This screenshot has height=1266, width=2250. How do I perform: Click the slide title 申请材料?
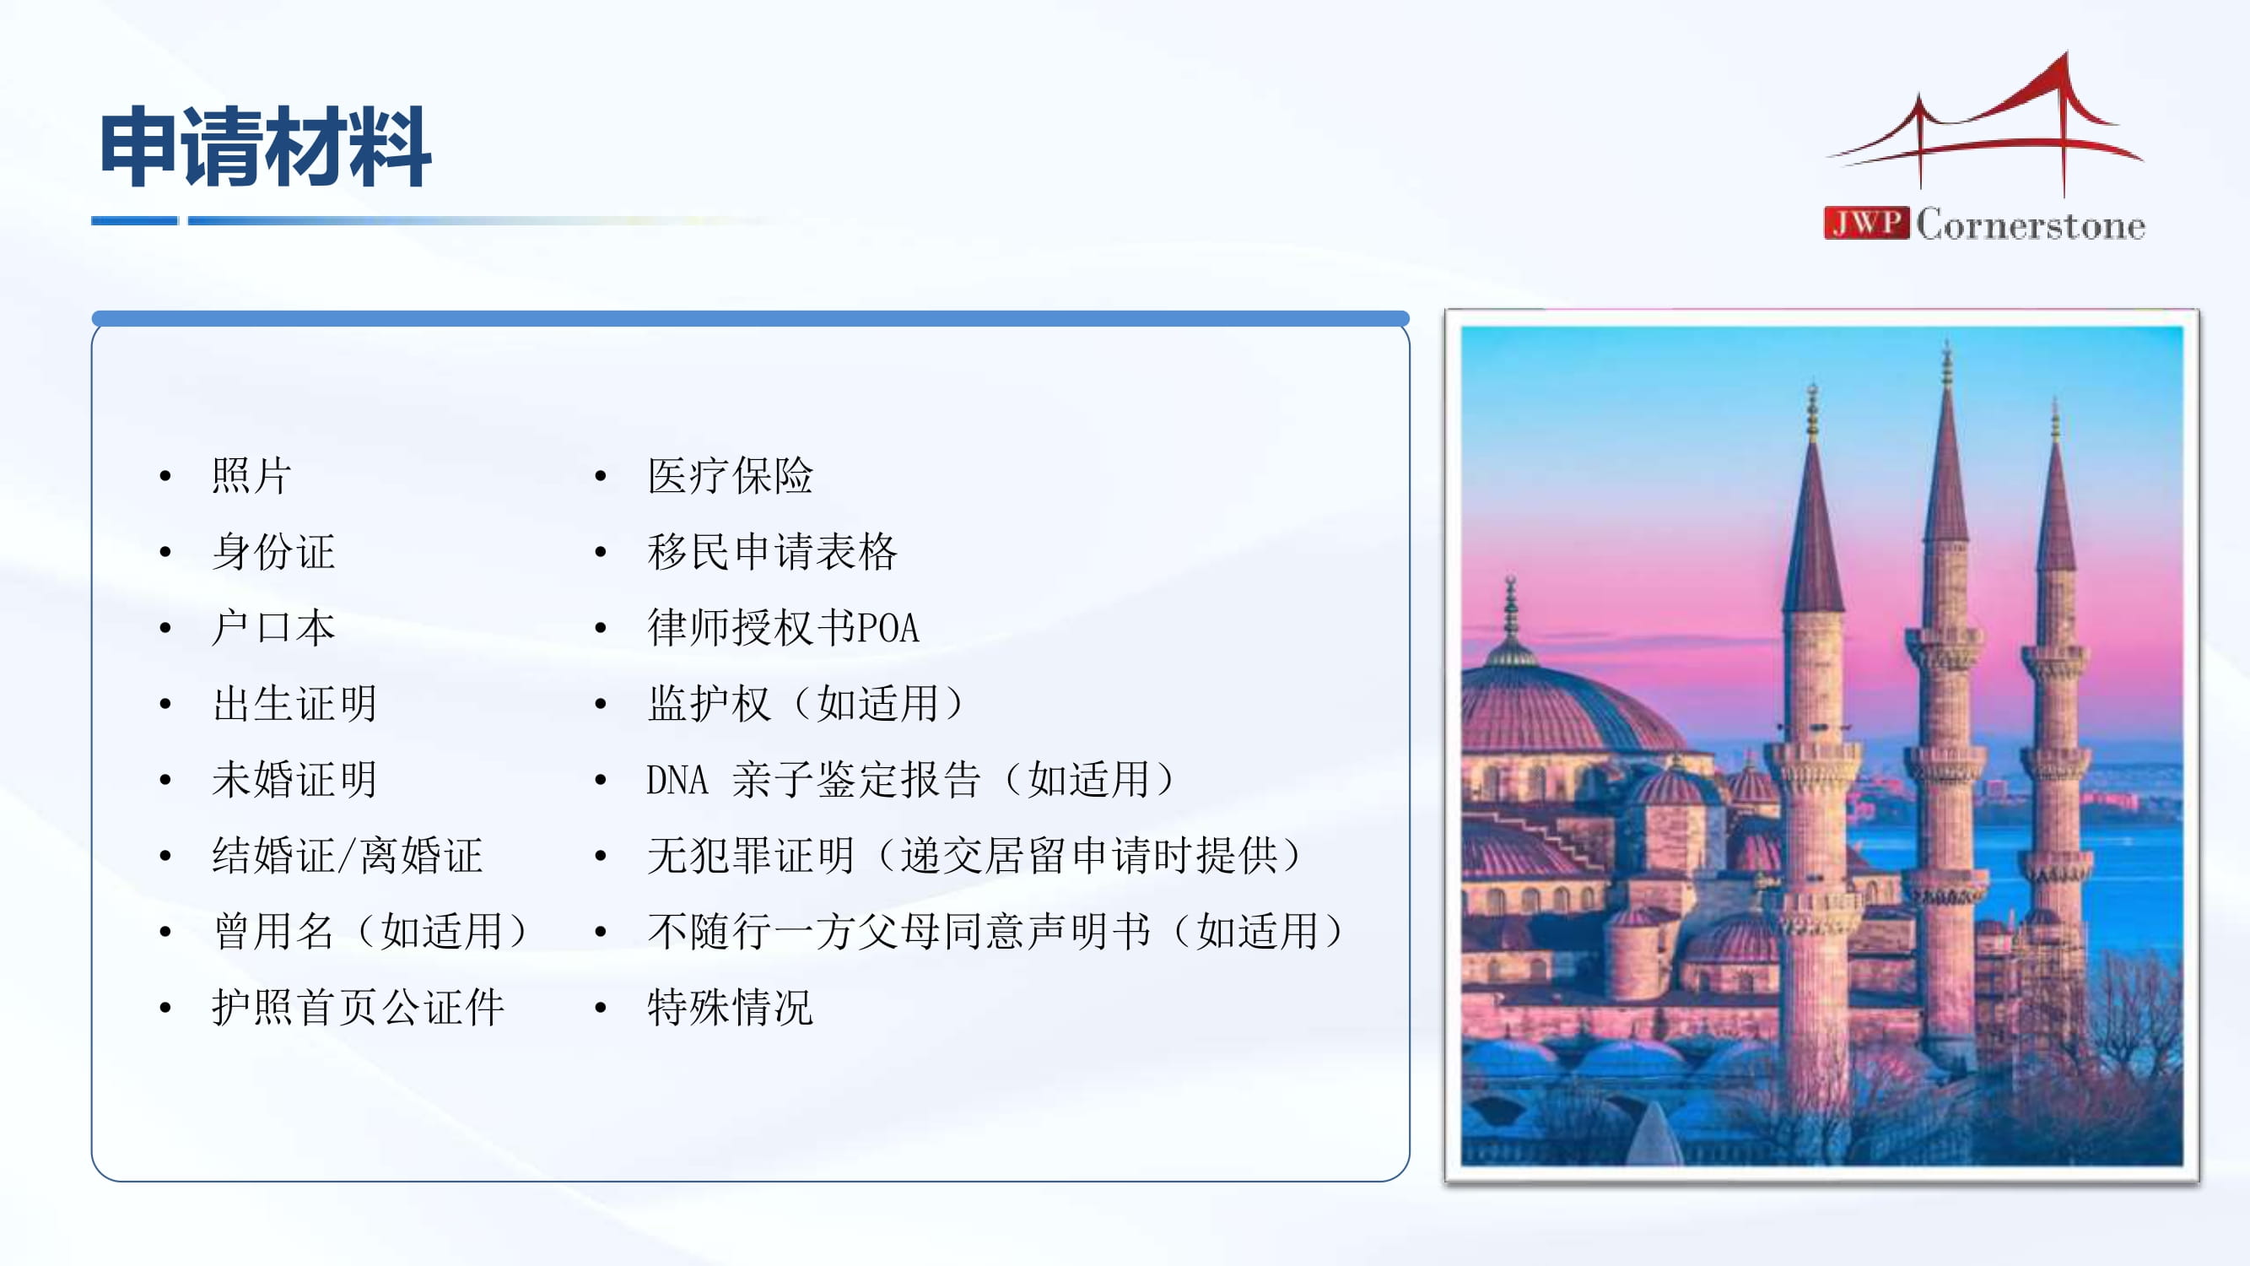coord(266,147)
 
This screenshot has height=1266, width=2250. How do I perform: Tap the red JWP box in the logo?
coord(1866,223)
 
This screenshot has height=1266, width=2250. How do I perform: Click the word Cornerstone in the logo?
coord(2031,225)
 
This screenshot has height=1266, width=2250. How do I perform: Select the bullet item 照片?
coord(251,476)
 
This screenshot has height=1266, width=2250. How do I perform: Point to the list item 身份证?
coord(273,552)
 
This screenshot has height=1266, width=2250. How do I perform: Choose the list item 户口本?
coord(273,628)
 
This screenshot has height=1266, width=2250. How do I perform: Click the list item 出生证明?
coord(294,704)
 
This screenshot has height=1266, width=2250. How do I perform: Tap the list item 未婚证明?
coord(294,779)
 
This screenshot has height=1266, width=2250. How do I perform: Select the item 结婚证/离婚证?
coord(347,855)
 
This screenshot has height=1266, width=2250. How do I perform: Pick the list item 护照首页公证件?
coord(358,1008)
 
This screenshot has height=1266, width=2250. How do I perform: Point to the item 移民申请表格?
coord(772,552)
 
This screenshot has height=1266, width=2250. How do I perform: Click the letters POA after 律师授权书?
coord(888,628)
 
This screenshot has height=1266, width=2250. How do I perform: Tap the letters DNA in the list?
coord(677,779)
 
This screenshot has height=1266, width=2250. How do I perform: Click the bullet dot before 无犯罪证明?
coord(600,856)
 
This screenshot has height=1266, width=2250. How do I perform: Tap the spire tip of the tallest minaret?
coord(1946,343)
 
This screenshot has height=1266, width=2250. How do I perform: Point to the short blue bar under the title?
coord(134,221)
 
